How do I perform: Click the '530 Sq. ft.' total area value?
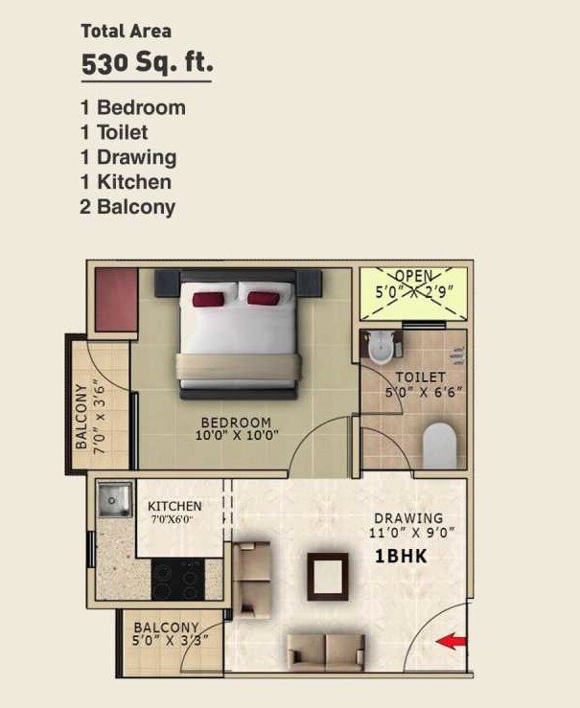coord(147,65)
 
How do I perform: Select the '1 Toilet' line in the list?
coord(114,132)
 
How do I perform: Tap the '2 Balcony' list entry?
coord(128,207)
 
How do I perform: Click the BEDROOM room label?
coord(236,422)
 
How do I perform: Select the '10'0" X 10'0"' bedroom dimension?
coord(236,435)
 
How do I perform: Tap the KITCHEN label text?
coord(174,506)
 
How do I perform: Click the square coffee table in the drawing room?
coord(327,575)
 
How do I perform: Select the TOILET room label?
coord(420,377)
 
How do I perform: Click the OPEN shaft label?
coord(413,276)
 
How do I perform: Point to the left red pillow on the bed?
coord(208,299)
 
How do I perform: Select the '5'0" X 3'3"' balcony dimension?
coord(171,641)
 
